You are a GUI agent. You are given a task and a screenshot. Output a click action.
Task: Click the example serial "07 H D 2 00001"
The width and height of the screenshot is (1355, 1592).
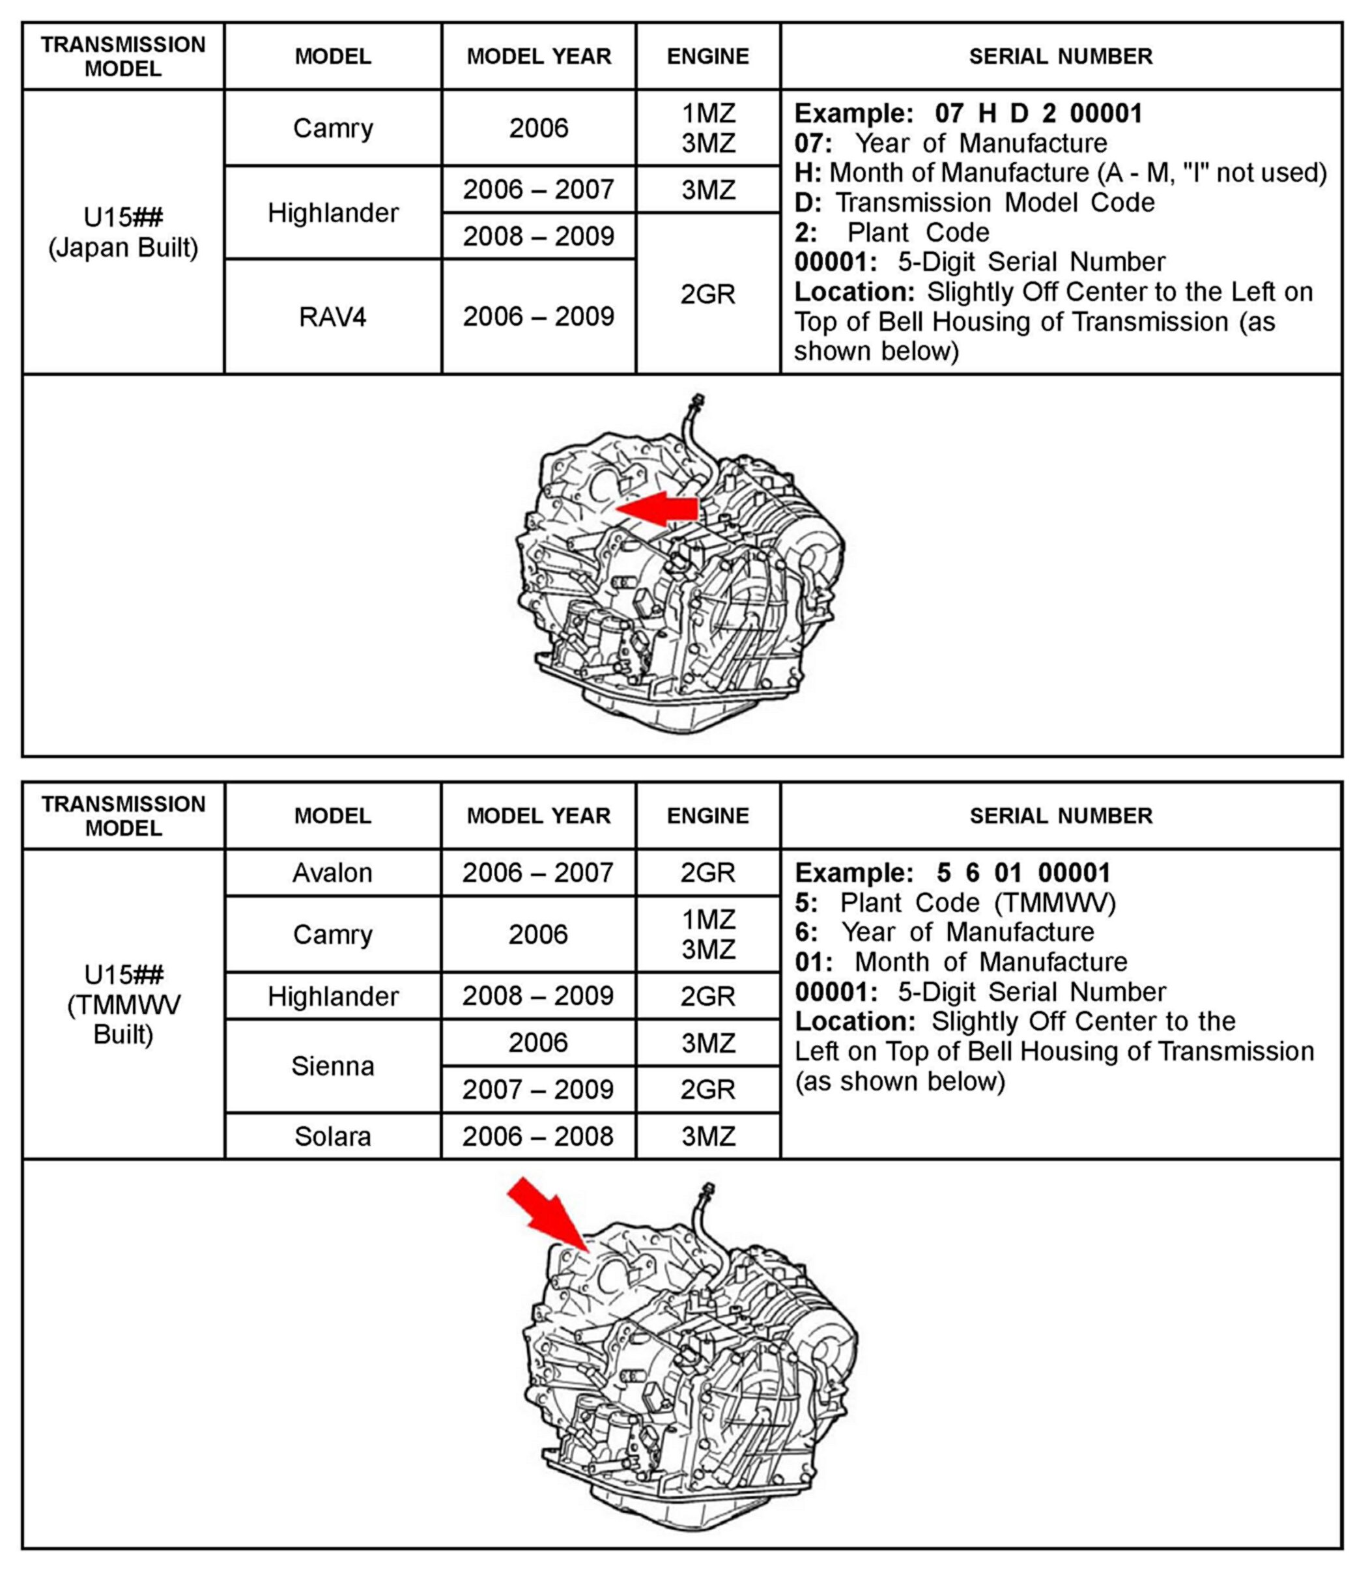click(x=1038, y=113)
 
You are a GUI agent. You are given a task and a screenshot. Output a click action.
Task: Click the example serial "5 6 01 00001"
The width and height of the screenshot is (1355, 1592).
click(x=1023, y=873)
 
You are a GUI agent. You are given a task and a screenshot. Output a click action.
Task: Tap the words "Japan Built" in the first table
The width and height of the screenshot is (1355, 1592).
click(x=123, y=248)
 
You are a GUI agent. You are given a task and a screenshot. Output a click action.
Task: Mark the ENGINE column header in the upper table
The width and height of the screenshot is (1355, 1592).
click(x=707, y=56)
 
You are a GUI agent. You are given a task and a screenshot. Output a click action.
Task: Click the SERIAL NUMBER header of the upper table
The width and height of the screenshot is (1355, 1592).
click(x=1060, y=56)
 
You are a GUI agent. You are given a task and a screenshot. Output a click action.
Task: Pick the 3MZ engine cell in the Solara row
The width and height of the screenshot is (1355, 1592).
click(x=707, y=1136)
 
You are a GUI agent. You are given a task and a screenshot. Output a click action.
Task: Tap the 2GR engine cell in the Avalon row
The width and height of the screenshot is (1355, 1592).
click(x=707, y=872)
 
